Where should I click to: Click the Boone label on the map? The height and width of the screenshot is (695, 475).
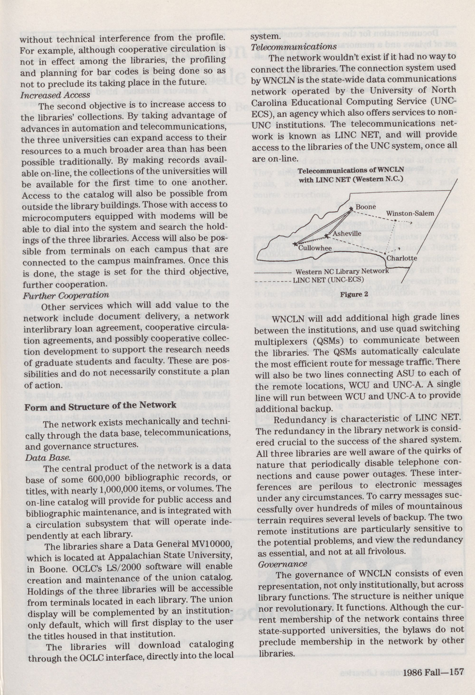(x=366, y=207)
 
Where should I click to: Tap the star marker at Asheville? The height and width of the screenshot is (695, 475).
(x=326, y=236)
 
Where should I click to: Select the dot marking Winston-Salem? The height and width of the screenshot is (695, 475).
(x=395, y=221)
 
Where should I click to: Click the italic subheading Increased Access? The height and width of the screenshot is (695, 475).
(x=55, y=95)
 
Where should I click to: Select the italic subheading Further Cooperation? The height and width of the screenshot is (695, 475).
(x=66, y=295)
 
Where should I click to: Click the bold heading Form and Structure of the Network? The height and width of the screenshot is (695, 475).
(x=100, y=406)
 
